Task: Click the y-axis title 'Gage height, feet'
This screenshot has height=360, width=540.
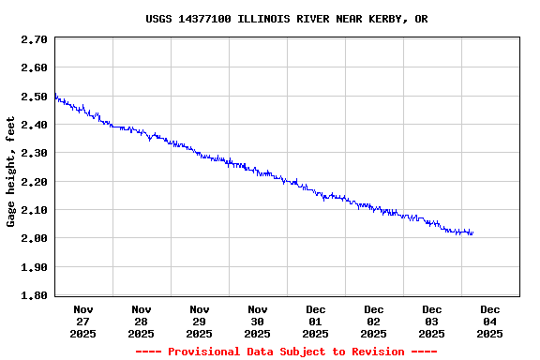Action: (11, 172)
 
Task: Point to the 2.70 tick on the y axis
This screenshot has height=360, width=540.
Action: (34, 40)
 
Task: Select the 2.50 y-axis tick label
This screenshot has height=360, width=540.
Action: (34, 97)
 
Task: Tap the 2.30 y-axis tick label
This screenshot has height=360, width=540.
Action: (34, 153)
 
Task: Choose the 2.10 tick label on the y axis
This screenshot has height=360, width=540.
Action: (34, 210)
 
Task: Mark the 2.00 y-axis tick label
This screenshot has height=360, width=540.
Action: (34, 238)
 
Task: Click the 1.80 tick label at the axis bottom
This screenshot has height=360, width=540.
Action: (34, 295)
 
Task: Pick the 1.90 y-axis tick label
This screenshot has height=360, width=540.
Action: (34, 267)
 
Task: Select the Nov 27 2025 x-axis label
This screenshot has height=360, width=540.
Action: (83, 321)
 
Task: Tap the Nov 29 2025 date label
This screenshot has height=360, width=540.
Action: (200, 321)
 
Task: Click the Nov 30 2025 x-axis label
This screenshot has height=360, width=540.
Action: (258, 321)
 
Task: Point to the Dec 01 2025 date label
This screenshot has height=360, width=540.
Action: (316, 321)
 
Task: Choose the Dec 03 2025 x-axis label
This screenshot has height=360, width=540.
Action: (432, 321)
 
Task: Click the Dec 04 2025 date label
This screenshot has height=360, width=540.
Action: (490, 321)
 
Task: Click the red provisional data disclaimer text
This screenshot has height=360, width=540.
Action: (287, 352)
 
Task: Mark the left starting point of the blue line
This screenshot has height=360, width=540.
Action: (55, 95)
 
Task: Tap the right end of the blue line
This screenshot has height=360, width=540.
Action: (472, 232)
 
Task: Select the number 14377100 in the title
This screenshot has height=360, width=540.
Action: (208, 19)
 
